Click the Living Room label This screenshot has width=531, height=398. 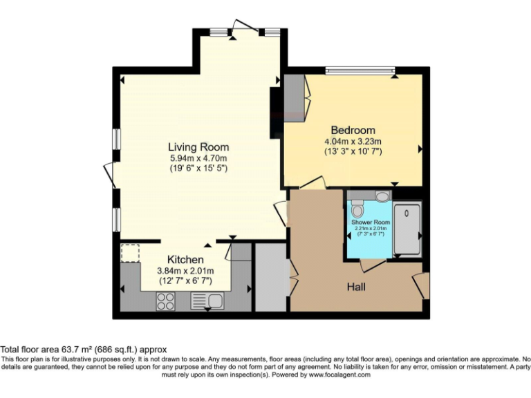click(x=198, y=147)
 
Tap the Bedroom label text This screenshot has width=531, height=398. click(x=353, y=130)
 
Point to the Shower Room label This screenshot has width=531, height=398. click(x=371, y=222)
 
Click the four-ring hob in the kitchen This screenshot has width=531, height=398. click(x=165, y=301)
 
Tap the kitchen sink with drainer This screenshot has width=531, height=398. click(x=207, y=301)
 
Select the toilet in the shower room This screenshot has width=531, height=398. click(x=357, y=208)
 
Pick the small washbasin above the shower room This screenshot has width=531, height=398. click(x=382, y=197)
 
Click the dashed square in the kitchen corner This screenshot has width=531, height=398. click(x=130, y=254)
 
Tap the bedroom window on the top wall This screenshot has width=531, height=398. click(x=360, y=69)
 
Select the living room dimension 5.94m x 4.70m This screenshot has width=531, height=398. click(x=198, y=158)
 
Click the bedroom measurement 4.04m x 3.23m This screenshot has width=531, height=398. click(x=353, y=141)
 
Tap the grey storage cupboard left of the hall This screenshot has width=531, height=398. click(x=270, y=276)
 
